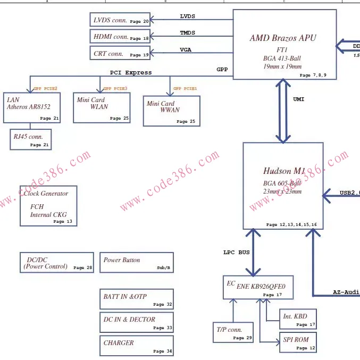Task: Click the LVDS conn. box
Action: (120, 20)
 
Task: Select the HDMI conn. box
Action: (120, 37)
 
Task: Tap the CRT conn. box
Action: (120, 53)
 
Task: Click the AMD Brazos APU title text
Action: (282, 38)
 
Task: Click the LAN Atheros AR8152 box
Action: (31, 107)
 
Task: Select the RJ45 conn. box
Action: (31, 139)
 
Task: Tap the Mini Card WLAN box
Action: (102, 107)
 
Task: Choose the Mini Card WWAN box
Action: (171, 111)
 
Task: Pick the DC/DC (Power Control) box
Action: (56, 263)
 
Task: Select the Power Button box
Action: (136, 263)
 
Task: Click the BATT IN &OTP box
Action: (137, 299)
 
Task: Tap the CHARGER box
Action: (137, 346)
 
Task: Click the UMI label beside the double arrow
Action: (299, 99)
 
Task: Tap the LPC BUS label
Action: (236, 252)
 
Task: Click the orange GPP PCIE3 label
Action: (115, 88)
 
